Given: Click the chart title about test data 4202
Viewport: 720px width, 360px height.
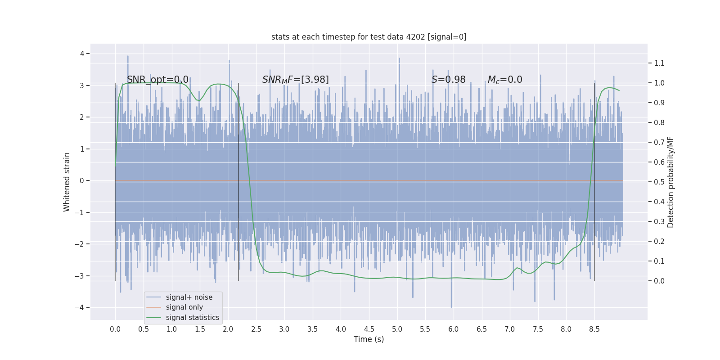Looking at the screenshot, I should click(x=369, y=37).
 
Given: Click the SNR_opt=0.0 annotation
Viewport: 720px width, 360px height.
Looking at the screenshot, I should click(x=157, y=80).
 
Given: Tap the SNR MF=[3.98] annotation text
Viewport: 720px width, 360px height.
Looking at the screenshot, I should click(x=295, y=80).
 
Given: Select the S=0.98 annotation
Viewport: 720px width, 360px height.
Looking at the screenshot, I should click(x=448, y=80).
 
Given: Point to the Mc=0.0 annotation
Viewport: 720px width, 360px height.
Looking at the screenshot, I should click(x=505, y=80).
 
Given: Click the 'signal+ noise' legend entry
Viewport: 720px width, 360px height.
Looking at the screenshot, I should click(x=189, y=297).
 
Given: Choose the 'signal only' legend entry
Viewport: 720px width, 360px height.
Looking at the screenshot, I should click(x=184, y=307).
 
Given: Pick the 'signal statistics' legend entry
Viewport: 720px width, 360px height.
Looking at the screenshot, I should click(x=192, y=318).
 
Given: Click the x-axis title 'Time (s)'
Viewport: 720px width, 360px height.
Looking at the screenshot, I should click(x=369, y=339).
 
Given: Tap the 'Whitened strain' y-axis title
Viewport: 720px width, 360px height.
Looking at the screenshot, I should click(x=67, y=182).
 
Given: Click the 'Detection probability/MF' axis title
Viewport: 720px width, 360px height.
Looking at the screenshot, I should click(x=670, y=182).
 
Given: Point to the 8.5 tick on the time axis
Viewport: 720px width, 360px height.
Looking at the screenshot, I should click(x=594, y=329).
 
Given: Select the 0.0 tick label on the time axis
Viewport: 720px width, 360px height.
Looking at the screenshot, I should click(x=115, y=329).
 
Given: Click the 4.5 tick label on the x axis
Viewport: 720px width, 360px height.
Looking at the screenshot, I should click(x=369, y=329).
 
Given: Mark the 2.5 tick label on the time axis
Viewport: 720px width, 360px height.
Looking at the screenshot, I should click(x=256, y=329).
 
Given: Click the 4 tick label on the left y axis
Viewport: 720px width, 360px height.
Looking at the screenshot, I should click(x=82, y=54).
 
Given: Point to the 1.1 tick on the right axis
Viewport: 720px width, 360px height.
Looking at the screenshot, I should click(x=659, y=63).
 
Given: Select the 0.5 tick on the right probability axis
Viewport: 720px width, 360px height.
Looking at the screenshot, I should click(x=659, y=182).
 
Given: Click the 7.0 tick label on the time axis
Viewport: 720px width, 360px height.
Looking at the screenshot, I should click(x=509, y=329).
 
